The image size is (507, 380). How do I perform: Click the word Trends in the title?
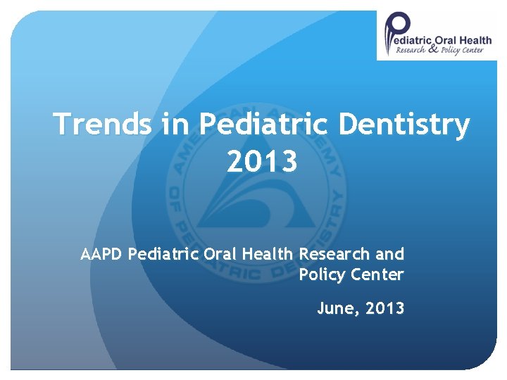[103, 125]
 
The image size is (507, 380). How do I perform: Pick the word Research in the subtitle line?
[335, 254]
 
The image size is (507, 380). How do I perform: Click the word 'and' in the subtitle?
[390, 254]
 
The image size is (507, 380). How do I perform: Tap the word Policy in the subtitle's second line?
[320, 274]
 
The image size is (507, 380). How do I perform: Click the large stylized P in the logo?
[395, 34]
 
